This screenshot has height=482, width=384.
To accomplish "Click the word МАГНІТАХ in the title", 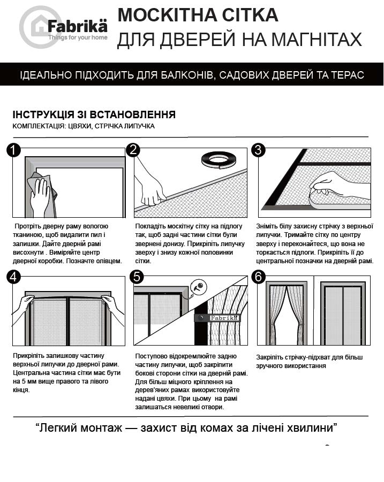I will (x=310, y=39).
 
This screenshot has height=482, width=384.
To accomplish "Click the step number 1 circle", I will (x=13, y=150).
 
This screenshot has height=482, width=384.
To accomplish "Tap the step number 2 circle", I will (x=133, y=150).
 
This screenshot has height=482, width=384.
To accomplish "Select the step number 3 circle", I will (x=259, y=150).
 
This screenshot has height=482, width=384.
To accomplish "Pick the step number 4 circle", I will (x=13, y=277).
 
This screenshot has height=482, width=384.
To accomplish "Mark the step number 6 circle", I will (x=259, y=277).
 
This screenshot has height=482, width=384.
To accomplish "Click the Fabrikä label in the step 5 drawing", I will (x=217, y=318).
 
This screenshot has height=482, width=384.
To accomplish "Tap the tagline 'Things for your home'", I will (x=78, y=38).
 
